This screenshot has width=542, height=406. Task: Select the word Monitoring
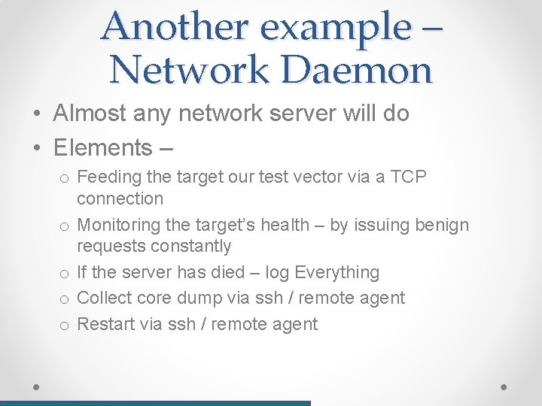tap(120, 225)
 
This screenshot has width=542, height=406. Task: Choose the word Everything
tap(337, 272)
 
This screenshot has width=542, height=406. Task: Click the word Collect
tap(105, 298)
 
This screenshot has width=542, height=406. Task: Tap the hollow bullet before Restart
tap(65, 325)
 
